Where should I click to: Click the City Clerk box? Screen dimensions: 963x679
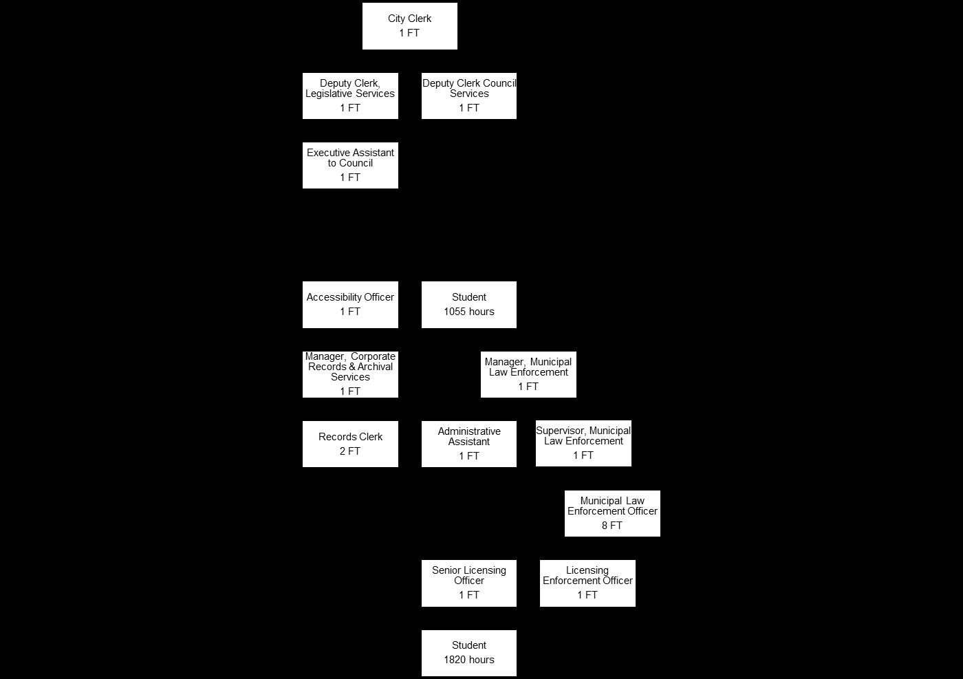pos(409,26)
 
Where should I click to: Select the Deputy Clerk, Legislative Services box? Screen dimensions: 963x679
pos(350,96)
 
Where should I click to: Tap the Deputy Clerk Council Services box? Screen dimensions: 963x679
pos(468,96)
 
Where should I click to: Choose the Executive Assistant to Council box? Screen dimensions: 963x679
pos(350,165)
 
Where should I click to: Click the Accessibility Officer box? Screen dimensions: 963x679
pos(350,304)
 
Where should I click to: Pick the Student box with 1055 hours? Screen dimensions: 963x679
pos(468,304)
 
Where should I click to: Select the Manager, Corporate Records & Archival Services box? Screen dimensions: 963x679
pos(350,374)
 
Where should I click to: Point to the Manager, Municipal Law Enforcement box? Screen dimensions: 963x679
pos(528,374)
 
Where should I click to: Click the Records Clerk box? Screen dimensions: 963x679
pos(350,444)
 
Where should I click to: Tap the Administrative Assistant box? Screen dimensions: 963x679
pos(468,444)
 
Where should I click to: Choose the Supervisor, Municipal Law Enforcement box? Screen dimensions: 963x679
pos(583,444)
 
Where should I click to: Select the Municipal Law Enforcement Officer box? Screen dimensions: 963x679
pos(612,513)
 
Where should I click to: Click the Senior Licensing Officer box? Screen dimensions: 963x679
pos(468,583)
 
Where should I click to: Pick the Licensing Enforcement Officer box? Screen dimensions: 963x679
pos(587,583)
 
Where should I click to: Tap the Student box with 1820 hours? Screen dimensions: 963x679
pos(468,653)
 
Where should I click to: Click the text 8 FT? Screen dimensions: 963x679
pos(612,526)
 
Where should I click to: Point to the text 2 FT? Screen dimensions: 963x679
pos(350,451)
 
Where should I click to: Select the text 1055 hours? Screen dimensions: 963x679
pos(468,312)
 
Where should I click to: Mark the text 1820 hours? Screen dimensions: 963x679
pos(468,660)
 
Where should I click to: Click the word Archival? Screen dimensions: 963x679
pos(375,367)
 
